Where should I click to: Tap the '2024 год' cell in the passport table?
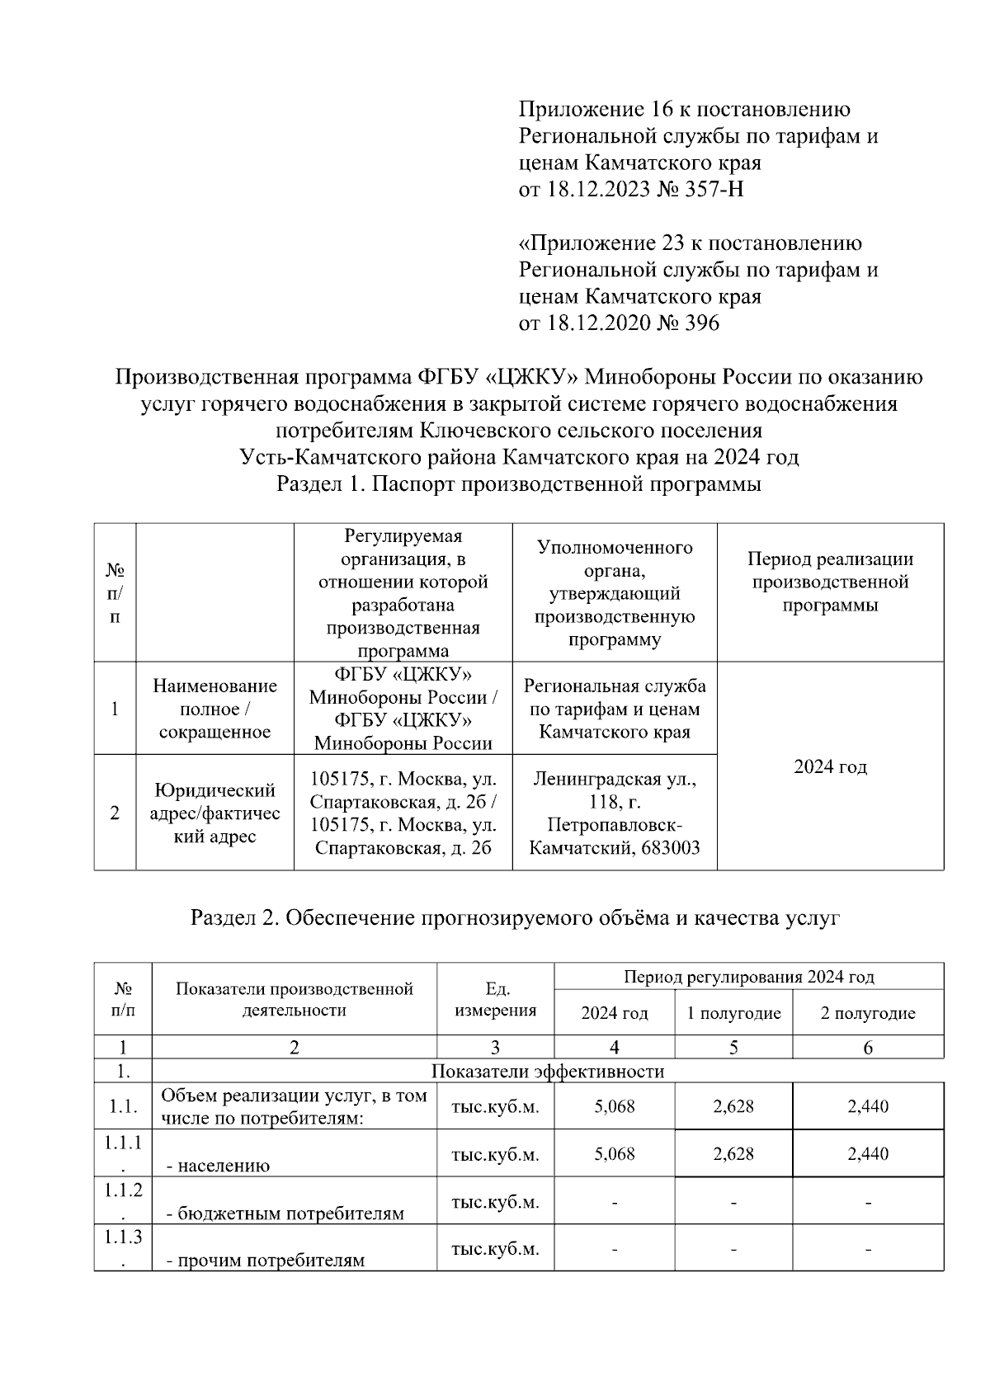click(830, 766)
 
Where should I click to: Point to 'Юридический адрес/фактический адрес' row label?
click(214, 813)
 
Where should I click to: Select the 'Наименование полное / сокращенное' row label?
click(214, 709)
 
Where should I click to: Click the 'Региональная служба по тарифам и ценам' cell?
click(615, 709)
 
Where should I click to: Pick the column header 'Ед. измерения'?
click(495, 1000)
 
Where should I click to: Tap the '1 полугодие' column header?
click(733, 1013)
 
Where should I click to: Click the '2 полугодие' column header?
click(868, 1013)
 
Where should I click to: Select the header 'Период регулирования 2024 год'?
click(748, 977)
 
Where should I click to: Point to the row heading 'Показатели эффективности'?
click(548, 1072)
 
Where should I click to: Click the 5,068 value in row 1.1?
click(615, 1106)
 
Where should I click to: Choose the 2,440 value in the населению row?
click(868, 1153)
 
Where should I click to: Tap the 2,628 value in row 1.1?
click(733, 1106)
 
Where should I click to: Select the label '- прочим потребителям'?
click(266, 1261)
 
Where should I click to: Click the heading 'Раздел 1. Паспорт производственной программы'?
click(518, 484)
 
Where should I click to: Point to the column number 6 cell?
click(868, 1048)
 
